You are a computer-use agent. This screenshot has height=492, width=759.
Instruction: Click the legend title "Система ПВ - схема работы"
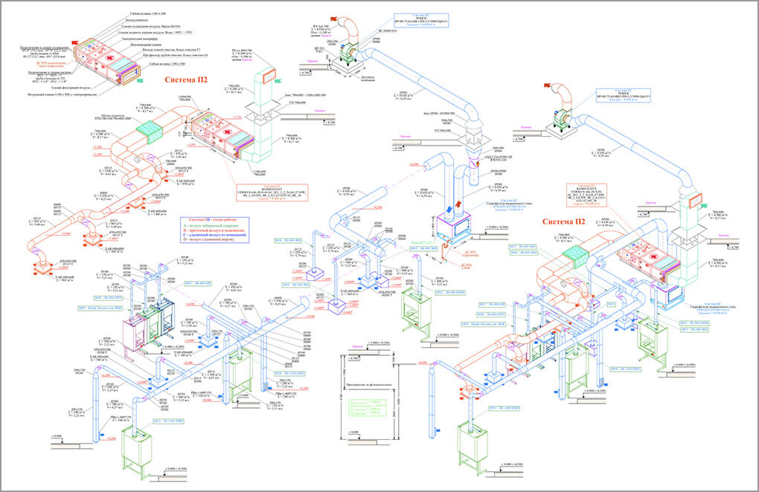click(212, 220)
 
